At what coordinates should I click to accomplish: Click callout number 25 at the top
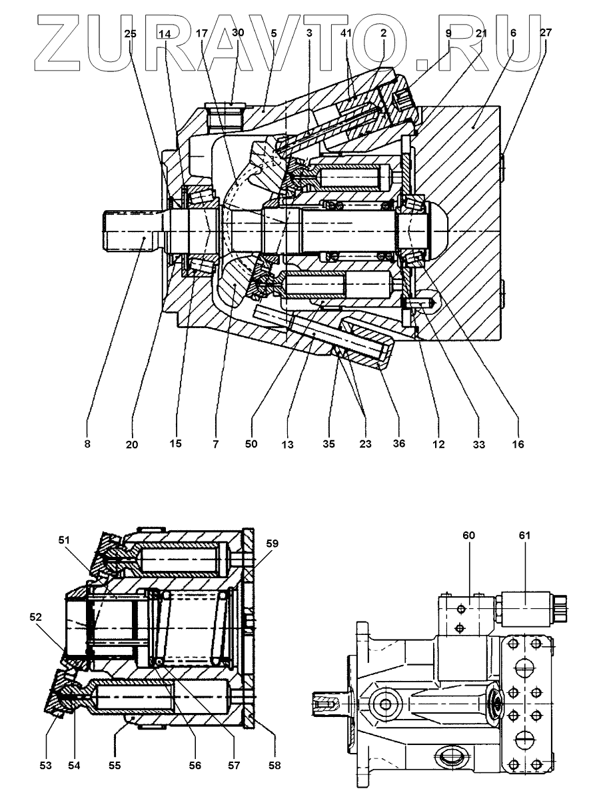point(131,33)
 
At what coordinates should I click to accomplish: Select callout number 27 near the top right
point(546,33)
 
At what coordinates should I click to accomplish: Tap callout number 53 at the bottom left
point(44,766)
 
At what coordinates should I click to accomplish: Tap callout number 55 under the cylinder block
point(115,766)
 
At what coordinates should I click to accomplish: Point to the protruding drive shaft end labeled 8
point(130,231)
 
